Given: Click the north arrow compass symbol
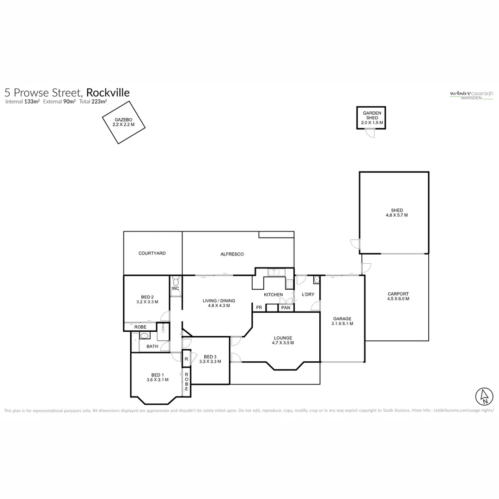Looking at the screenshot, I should tap(484, 395).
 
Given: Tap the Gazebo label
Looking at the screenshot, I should tap(123, 122).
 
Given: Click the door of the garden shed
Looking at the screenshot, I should tap(370, 133).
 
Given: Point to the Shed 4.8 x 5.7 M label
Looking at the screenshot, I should tap(396, 213).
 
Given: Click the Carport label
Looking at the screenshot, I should tap(398, 296).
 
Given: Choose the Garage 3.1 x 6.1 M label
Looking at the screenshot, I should tap(342, 321).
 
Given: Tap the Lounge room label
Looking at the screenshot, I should tap(283, 340).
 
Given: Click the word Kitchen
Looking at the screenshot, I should tap(273, 295).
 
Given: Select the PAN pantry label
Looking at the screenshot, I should tap(286, 308).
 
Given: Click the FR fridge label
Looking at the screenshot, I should tap(259, 308).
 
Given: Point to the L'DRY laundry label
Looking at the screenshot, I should tap(308, 295).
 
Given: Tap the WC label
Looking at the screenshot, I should tap(175, 289).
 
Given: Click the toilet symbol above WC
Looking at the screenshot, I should tap(175, 280).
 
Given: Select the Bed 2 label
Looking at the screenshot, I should tap(147, 299).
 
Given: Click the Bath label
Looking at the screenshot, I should tap(152, 346).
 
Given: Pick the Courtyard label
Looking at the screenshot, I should tap(152, 253).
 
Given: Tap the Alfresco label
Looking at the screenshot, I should tap(232, 254).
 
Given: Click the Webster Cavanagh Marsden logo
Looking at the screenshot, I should tap(471, 95).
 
